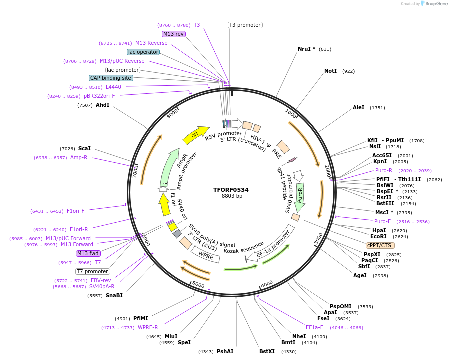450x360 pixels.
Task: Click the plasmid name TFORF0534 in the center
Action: tap(231, 190)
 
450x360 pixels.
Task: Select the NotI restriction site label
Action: tap(330, 71)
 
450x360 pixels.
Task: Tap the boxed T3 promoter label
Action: tap(245, 25)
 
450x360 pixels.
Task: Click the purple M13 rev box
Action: tap(173, 34)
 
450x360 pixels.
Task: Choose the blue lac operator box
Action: tap(143, 52)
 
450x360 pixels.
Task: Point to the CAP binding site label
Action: tap(111, 78)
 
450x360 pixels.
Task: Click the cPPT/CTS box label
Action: tap(379, 245)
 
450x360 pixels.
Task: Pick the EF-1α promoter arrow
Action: tap(273, 244)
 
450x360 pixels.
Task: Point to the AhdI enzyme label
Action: tap(102, 105)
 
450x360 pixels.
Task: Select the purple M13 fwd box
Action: tap(88, 253)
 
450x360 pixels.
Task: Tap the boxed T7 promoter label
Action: tap(92, 271)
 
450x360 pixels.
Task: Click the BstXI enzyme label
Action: tap(267, 351)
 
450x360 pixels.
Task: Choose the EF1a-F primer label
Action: tap(314, 327)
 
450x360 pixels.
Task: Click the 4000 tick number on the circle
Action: tap(267, 283)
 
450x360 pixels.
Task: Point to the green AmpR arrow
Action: tap(170, 167)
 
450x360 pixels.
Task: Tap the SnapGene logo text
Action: tap(434, 4)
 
